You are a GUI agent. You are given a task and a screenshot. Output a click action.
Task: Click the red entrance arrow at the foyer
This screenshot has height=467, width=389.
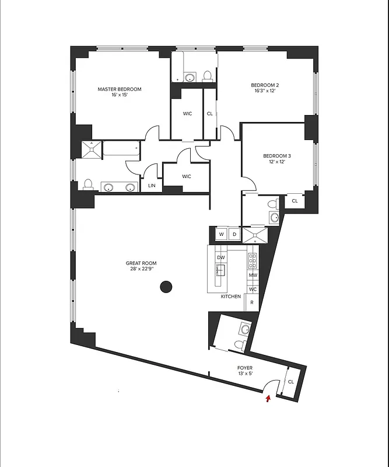coord(268,399)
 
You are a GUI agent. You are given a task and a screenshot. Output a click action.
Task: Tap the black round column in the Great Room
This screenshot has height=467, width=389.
coord(166,287)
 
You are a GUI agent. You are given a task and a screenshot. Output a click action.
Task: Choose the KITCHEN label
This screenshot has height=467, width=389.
coord(231,297)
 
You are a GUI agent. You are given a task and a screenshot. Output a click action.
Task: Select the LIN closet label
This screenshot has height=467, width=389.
coord(152,186)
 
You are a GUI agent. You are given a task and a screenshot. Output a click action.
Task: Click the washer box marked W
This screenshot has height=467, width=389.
coord(222,235)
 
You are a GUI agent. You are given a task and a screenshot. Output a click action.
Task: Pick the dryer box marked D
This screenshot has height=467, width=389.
coord(234,235)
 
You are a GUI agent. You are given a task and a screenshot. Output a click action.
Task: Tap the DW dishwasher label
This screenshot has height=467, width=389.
coord(221,257)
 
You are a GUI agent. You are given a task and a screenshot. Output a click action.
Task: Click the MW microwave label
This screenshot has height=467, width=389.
coord(253,275)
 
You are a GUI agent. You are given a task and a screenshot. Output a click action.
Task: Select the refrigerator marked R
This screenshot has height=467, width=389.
coord(252,303)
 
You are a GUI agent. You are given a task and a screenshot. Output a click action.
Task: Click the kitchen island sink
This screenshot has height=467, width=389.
coord(221,270)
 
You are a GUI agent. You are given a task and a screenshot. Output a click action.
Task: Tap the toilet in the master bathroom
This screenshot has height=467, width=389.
coord(89,184)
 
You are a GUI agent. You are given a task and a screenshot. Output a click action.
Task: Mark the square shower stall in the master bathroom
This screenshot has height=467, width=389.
coord(91,150)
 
